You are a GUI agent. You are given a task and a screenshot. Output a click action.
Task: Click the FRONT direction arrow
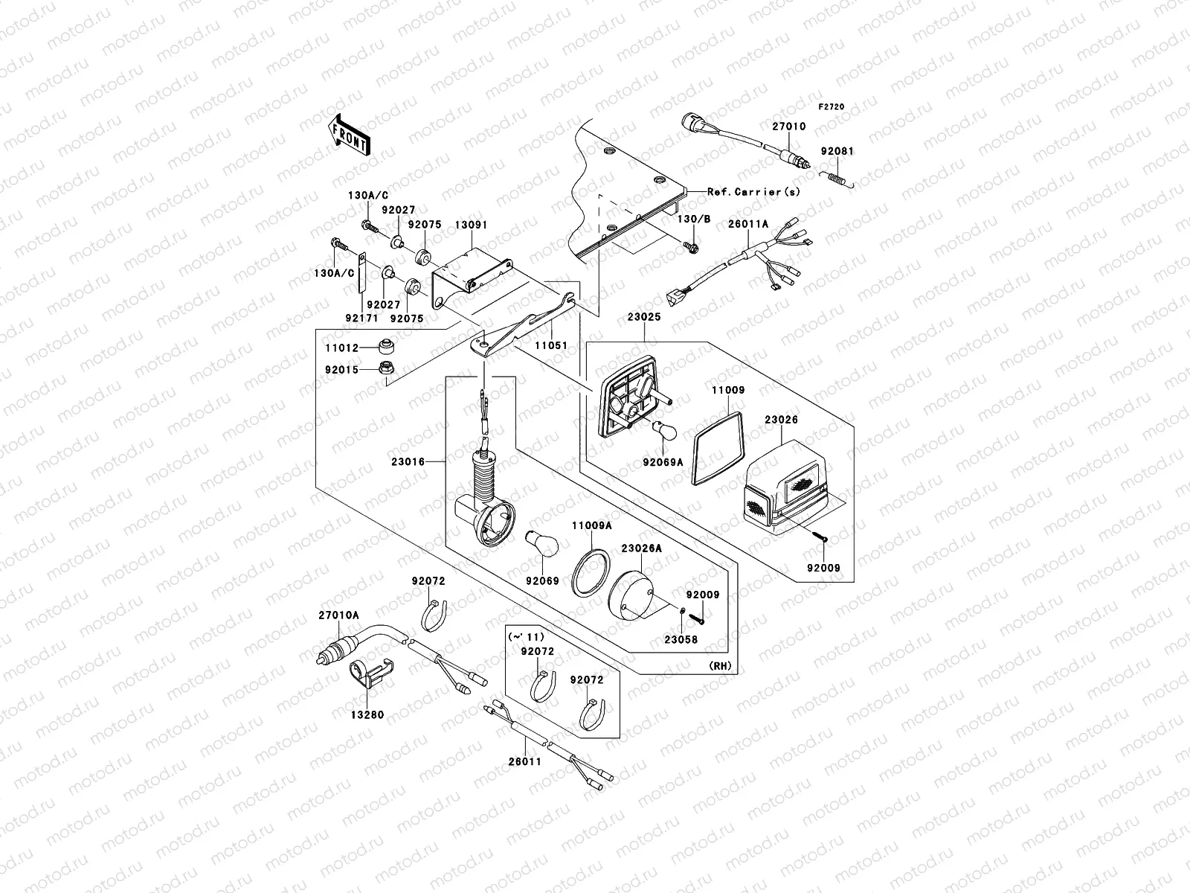(349, 135)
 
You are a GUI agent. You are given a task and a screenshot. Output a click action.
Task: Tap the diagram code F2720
(831, 107)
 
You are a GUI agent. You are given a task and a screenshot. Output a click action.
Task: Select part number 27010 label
(789, 127)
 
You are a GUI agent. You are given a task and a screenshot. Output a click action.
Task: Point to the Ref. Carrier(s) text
(753, 191)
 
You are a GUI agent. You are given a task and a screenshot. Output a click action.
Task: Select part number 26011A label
(748, 224)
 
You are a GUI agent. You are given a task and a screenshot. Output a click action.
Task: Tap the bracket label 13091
(471, 225)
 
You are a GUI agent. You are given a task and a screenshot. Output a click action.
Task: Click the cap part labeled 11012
(386, 346)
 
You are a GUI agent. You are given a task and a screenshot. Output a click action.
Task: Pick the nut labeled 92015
(386, 368)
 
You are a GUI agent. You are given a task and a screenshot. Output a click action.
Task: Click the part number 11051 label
(551, 345)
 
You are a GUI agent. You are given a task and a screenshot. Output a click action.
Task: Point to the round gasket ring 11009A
(591, 573)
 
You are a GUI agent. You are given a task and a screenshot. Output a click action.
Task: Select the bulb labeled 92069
(541, 544)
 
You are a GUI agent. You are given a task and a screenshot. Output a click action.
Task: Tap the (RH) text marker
(721, 666)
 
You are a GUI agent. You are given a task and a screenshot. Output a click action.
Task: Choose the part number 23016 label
(408, 462)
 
